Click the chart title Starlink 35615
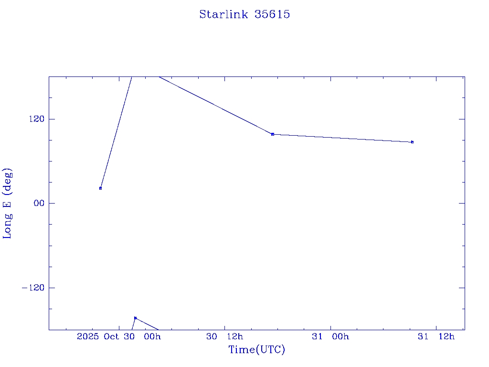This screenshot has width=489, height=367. pyautogui.click(x=244, y=14)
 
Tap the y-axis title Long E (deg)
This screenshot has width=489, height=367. pyautogui.click(x=8, y=203)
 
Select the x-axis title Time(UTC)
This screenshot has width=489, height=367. pyautogui.click(x=256, y=350)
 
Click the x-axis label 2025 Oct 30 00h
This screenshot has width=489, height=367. pyautogui.click(x=118, y=337)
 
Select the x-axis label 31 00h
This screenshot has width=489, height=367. pyautogui.click(x=330, y=337)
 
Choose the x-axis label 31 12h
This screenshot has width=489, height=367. pyautogui.click(x=436, y=337)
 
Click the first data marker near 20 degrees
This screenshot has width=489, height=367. pyautogui.click(x=100, y=188)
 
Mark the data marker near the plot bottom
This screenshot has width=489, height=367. pyautogui.click(x=136, y=318)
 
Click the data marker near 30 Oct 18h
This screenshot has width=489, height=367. pyautogui.click(x=273, y=134)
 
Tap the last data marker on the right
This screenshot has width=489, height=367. pyautogui.click(x=412, y=142)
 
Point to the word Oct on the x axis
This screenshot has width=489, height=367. pyautogui.click(x=111, y=337)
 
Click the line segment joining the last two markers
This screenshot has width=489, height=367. pyautogui.click(x=342, y=138)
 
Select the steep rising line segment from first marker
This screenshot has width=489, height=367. pyautogui.click(x=116, y=132)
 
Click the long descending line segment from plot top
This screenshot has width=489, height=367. pyautogui.click(x=215, y=105)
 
